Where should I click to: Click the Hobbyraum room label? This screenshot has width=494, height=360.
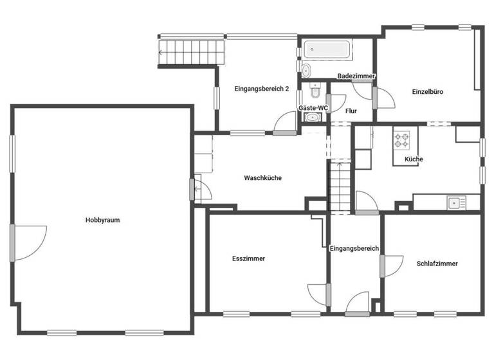pyautogui.click(x=103, y=220)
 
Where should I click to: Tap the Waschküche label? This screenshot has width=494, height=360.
pyautogui.click(x=262, y=178)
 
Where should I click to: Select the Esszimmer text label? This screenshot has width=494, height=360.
pyautogui.click(x=248, y=258)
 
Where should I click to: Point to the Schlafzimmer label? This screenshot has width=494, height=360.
pyautogui.click(x=437, y=264)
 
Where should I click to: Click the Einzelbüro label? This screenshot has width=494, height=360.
pyautogui.click(x=428, y=92)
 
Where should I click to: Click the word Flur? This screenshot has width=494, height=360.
pyautogui.click(x=351, y=111)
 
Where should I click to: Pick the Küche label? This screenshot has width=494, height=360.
pyautogui.click(x=414, y=159)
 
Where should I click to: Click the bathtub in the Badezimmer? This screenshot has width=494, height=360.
pyautogui.click(x=328, y=49)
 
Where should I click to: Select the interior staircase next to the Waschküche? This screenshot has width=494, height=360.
pyautogui.click(x=340, y=186)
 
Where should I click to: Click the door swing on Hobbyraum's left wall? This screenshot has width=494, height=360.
pyautogui.click(x=30, y=242)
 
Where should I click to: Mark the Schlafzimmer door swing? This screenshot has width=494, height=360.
pyautogui.click(x=393, y=265)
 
